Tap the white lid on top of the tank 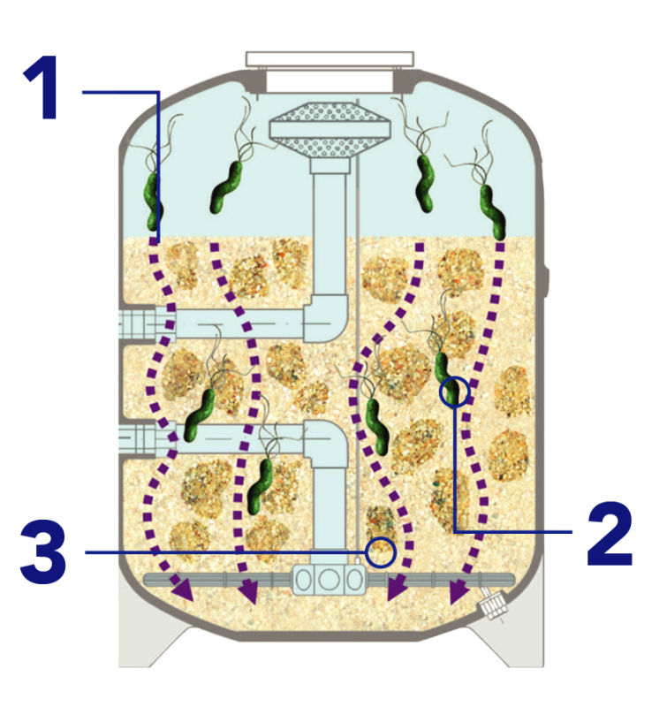[330, 60]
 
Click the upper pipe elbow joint [328, 315]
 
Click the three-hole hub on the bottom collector [330, 580]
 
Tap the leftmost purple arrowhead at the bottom [184, 590]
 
